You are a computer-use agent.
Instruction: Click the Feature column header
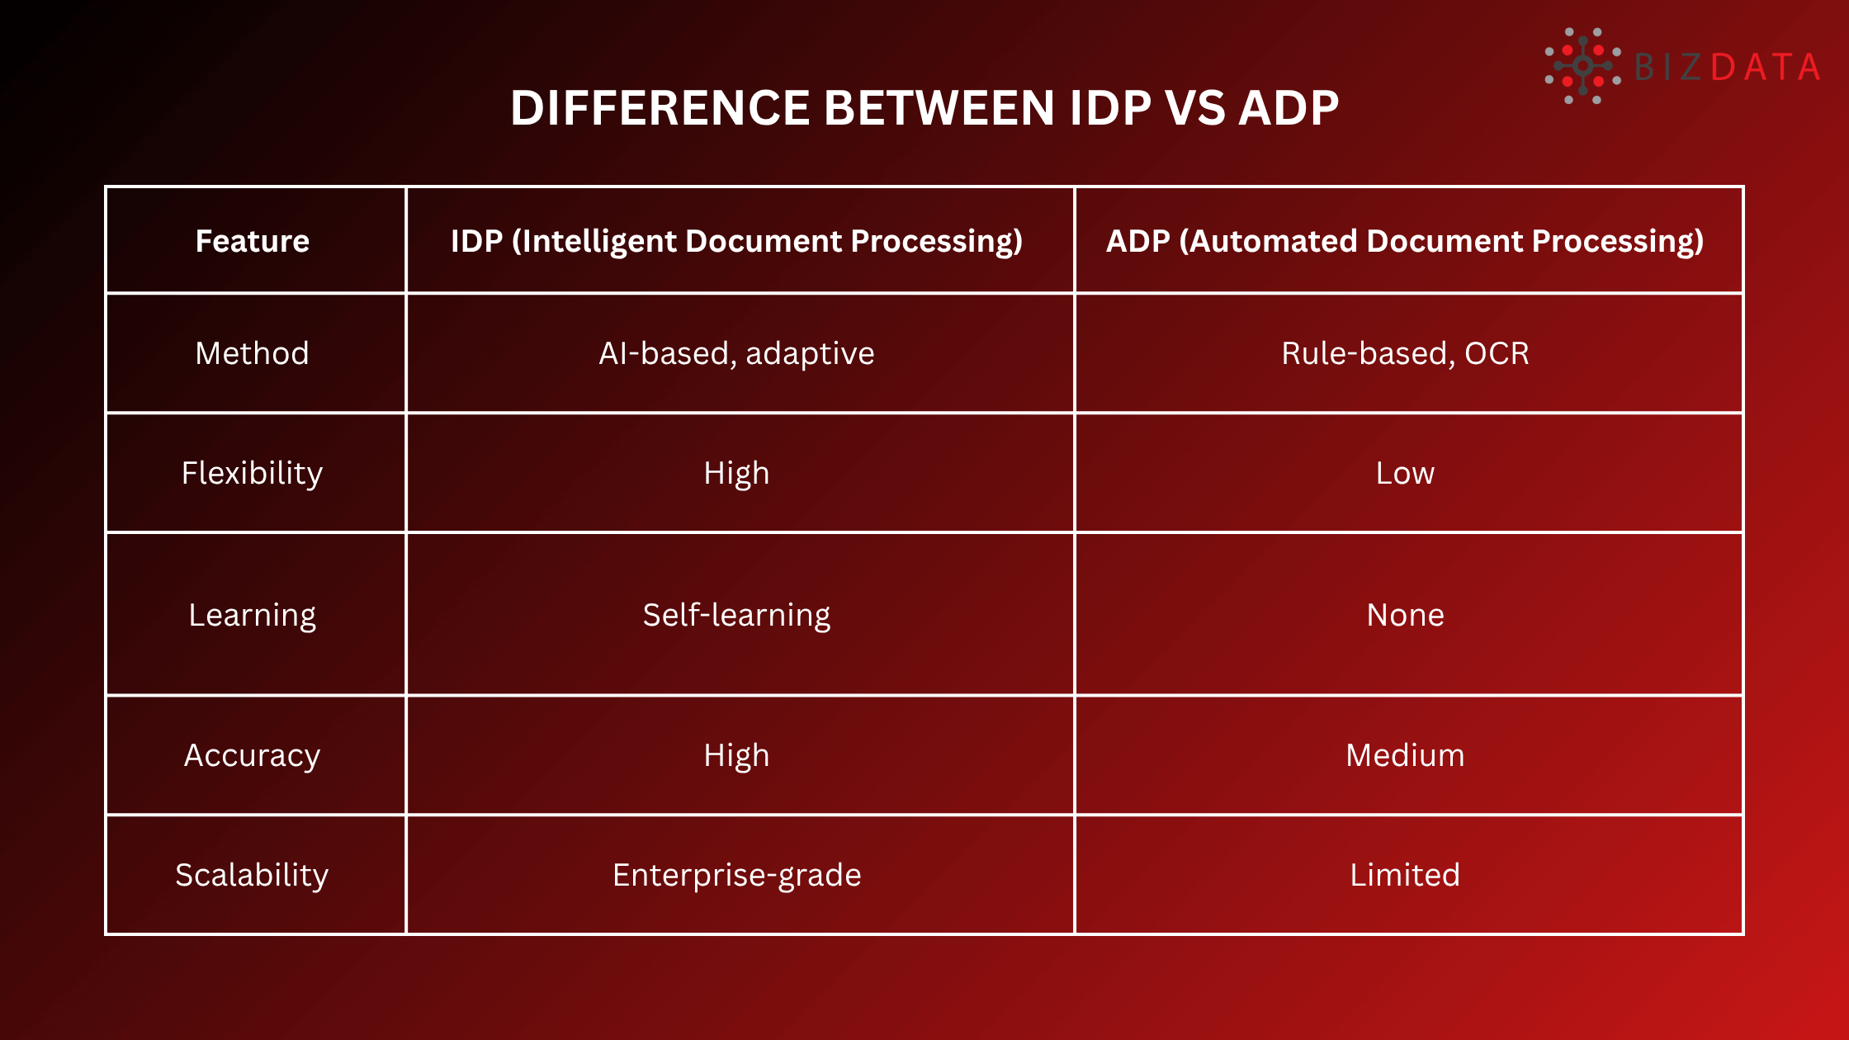253,241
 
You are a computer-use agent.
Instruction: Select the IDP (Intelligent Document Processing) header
736,241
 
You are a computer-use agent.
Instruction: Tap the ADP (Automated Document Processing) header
1405,241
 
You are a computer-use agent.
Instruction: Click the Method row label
253,353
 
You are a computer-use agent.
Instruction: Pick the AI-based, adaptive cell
736,353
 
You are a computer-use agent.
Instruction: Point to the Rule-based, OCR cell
1405,353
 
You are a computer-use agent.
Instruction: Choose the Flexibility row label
253,473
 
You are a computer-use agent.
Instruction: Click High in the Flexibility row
736,473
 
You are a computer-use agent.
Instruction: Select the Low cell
1405,473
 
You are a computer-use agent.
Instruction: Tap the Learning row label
253,615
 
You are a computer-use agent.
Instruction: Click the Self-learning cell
736,615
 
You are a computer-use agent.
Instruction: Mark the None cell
1405,615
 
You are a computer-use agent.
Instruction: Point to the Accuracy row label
253,755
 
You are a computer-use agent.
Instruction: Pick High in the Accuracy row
736,755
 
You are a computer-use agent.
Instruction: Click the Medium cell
1405,755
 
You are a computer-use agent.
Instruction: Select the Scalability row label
253,875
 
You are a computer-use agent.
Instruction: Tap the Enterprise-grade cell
736,875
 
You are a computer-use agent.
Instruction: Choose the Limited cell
1405,875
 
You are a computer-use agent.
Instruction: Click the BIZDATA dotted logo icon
1582,66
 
